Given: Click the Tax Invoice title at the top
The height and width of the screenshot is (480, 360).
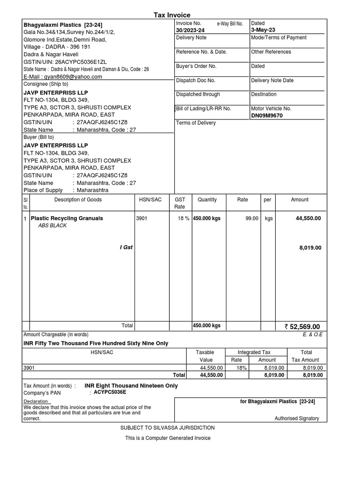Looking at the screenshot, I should pyautogui.click(x=172, y=15).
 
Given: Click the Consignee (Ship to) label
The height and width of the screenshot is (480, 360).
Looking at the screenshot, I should pyautogui.click(x=46, y=84).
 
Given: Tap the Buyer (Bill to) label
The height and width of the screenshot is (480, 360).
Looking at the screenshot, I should pyautogui.click(x=38, y=137).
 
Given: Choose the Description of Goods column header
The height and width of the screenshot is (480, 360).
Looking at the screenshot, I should pyautogui.click(x=78, y=200).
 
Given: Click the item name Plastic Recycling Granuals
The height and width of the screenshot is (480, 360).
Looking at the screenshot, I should pyautogui.click(x=67, y=218).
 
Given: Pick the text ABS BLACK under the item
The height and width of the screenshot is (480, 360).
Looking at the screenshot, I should pyautogui.click(x=52, y=225).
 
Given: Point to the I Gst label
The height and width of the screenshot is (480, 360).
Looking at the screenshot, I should pyautogui.click(x=126, y=247).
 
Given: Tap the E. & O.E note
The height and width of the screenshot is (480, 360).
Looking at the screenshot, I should pyautogui.click(x=313, y=335).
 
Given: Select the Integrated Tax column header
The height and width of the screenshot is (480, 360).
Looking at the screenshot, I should pyautogui.click(x=254, y=352).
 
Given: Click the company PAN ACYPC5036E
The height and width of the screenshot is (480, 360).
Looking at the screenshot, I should pyautogui.click(x=110, y=392).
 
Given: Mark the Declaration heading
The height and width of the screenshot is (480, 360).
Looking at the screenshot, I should pyautogui.click(x=36, y=401).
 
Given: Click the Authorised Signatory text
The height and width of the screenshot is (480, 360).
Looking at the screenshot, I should pyautogui.click(x=296, y=419).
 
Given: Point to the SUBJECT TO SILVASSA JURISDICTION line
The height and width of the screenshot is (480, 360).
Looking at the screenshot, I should pyautogui.click(x=167, y=428).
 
